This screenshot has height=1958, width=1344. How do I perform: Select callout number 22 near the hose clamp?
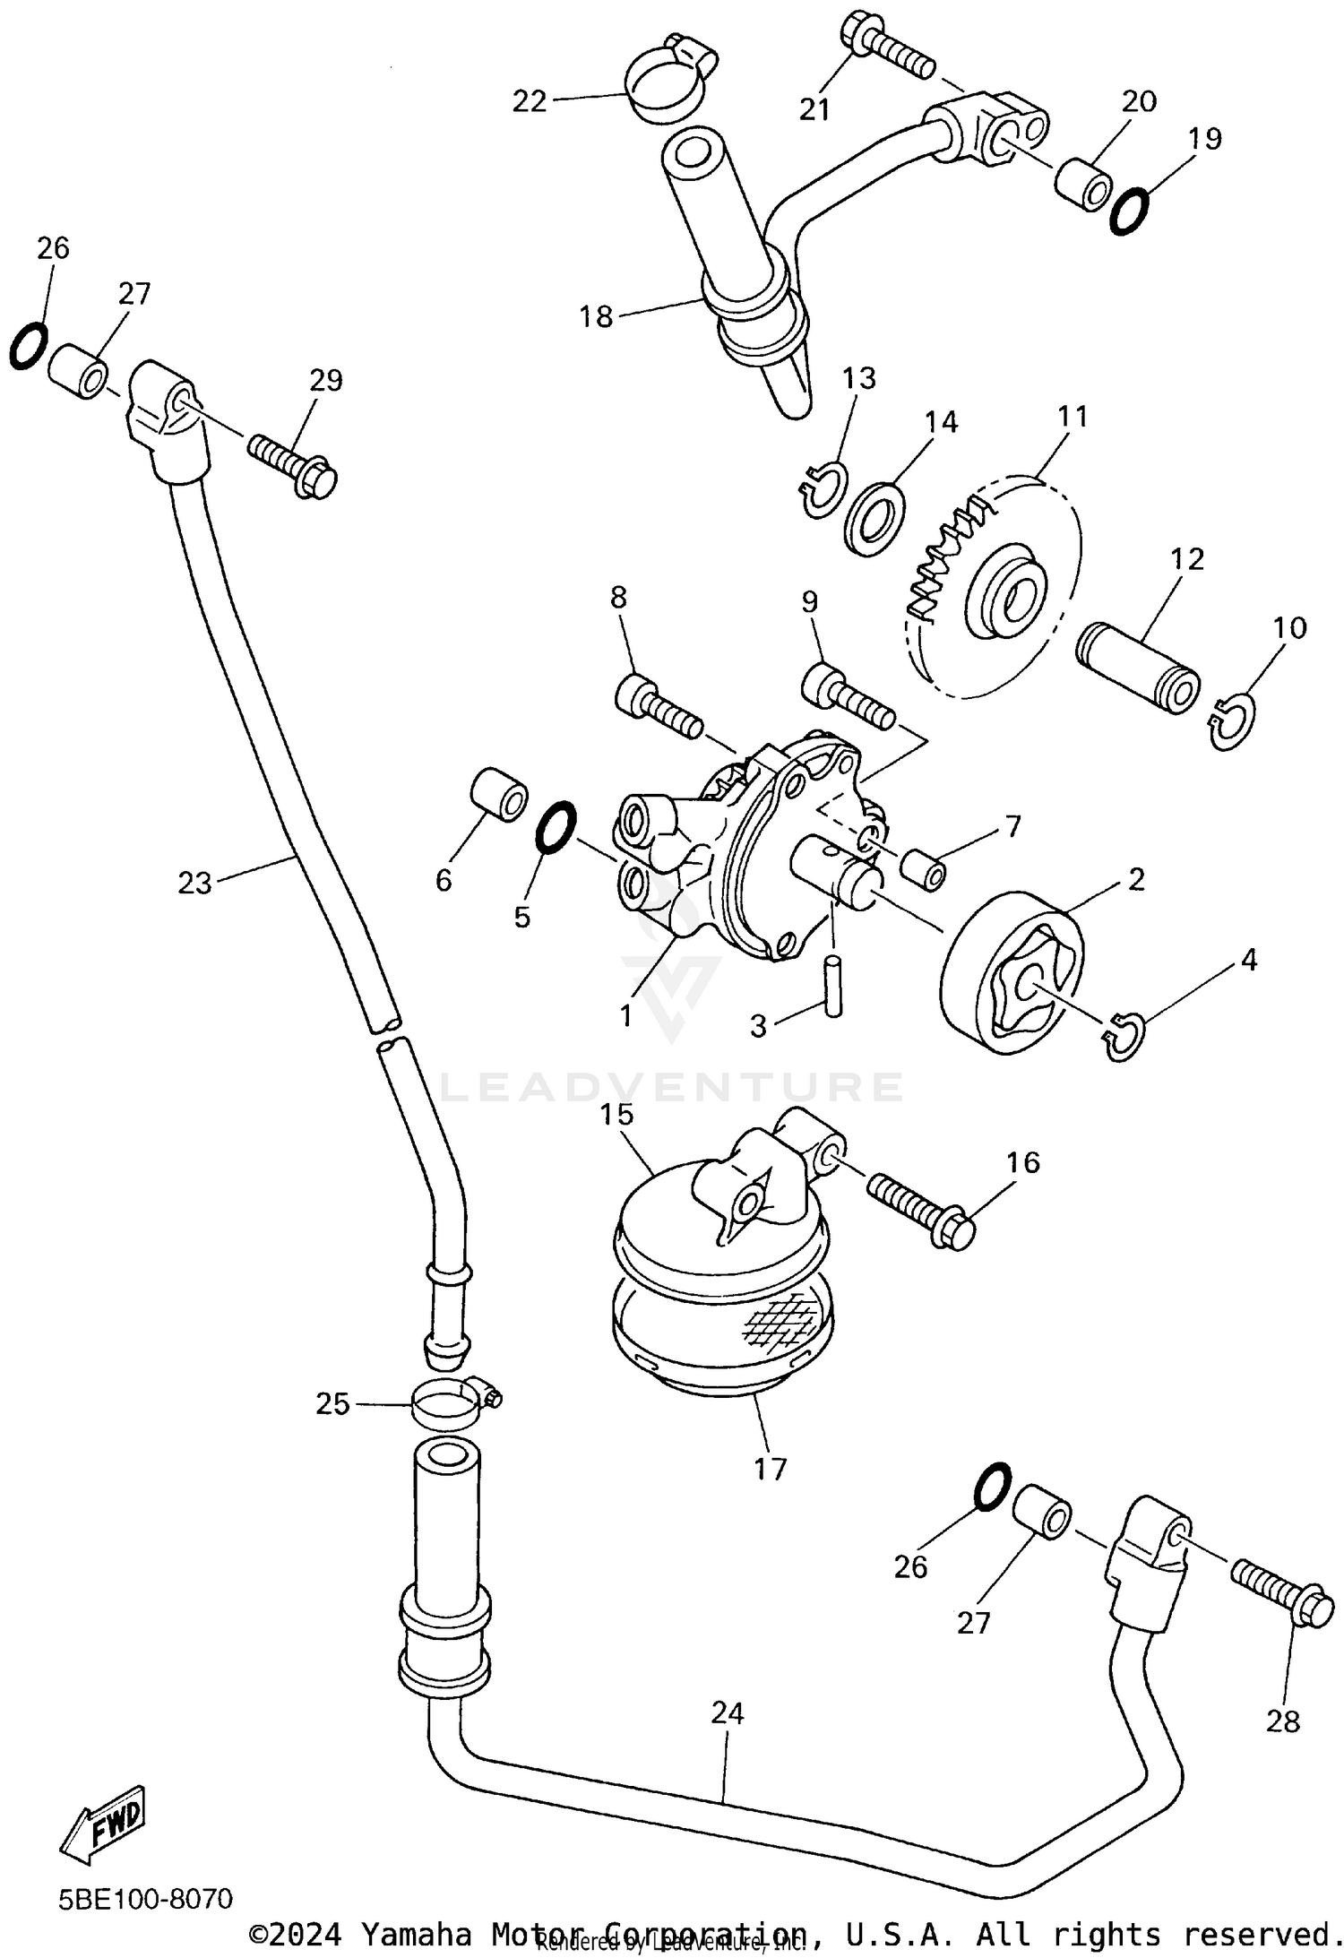(x=530, y=102)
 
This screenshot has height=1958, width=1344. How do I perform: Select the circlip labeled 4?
(x=1123, y=1037)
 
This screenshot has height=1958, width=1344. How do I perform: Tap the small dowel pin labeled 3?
(x=834, y=986)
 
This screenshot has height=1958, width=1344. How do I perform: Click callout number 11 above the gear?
(x=1073, y=417)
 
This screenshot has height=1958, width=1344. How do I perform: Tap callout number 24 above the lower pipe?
(x=728, y=1713)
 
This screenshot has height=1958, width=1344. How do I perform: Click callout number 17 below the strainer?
(x=771, y=1469)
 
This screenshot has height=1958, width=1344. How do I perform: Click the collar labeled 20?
(x=1083, y=183)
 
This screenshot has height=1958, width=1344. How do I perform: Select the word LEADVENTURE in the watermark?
(x=672, y=1086)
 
